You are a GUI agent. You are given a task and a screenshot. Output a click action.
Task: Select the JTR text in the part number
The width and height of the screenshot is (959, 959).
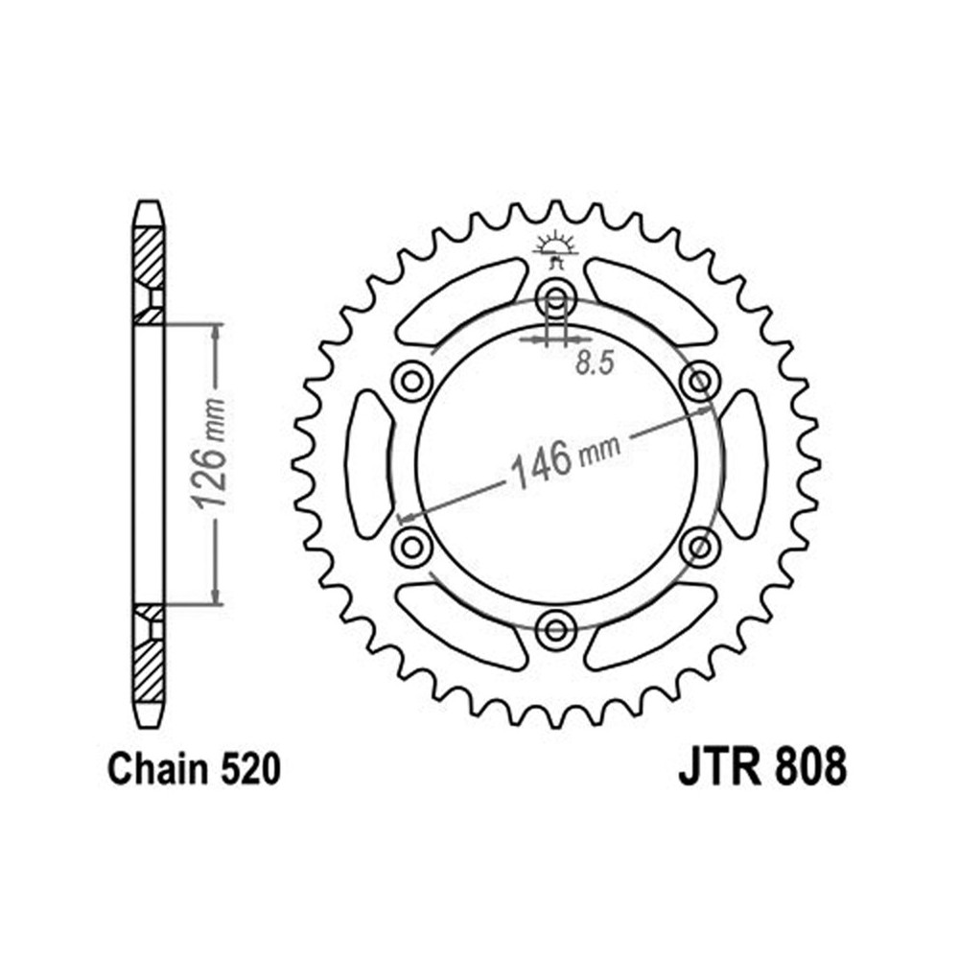tap(716, 769)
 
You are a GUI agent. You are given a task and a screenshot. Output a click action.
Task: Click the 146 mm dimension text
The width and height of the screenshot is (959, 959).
tap(565, 459)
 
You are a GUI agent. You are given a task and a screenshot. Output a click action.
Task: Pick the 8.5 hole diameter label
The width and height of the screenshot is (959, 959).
tap(595, 365)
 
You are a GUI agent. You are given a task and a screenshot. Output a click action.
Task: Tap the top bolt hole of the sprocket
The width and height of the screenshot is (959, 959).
tap(554, 295)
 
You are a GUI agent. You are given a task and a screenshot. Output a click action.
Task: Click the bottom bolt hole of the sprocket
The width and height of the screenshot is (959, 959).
tap(554, 629)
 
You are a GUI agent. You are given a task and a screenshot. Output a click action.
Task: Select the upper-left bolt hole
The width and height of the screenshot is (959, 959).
tap(411, 381)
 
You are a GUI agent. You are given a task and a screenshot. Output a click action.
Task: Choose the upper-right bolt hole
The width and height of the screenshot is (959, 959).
tap(697, 381)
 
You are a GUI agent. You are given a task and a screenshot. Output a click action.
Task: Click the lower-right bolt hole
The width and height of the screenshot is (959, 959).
tap(698, 547)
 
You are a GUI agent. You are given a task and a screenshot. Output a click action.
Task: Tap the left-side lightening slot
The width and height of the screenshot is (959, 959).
tap(368, 463)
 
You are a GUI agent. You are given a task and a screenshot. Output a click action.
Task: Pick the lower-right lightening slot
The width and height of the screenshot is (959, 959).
tap(648, 623)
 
